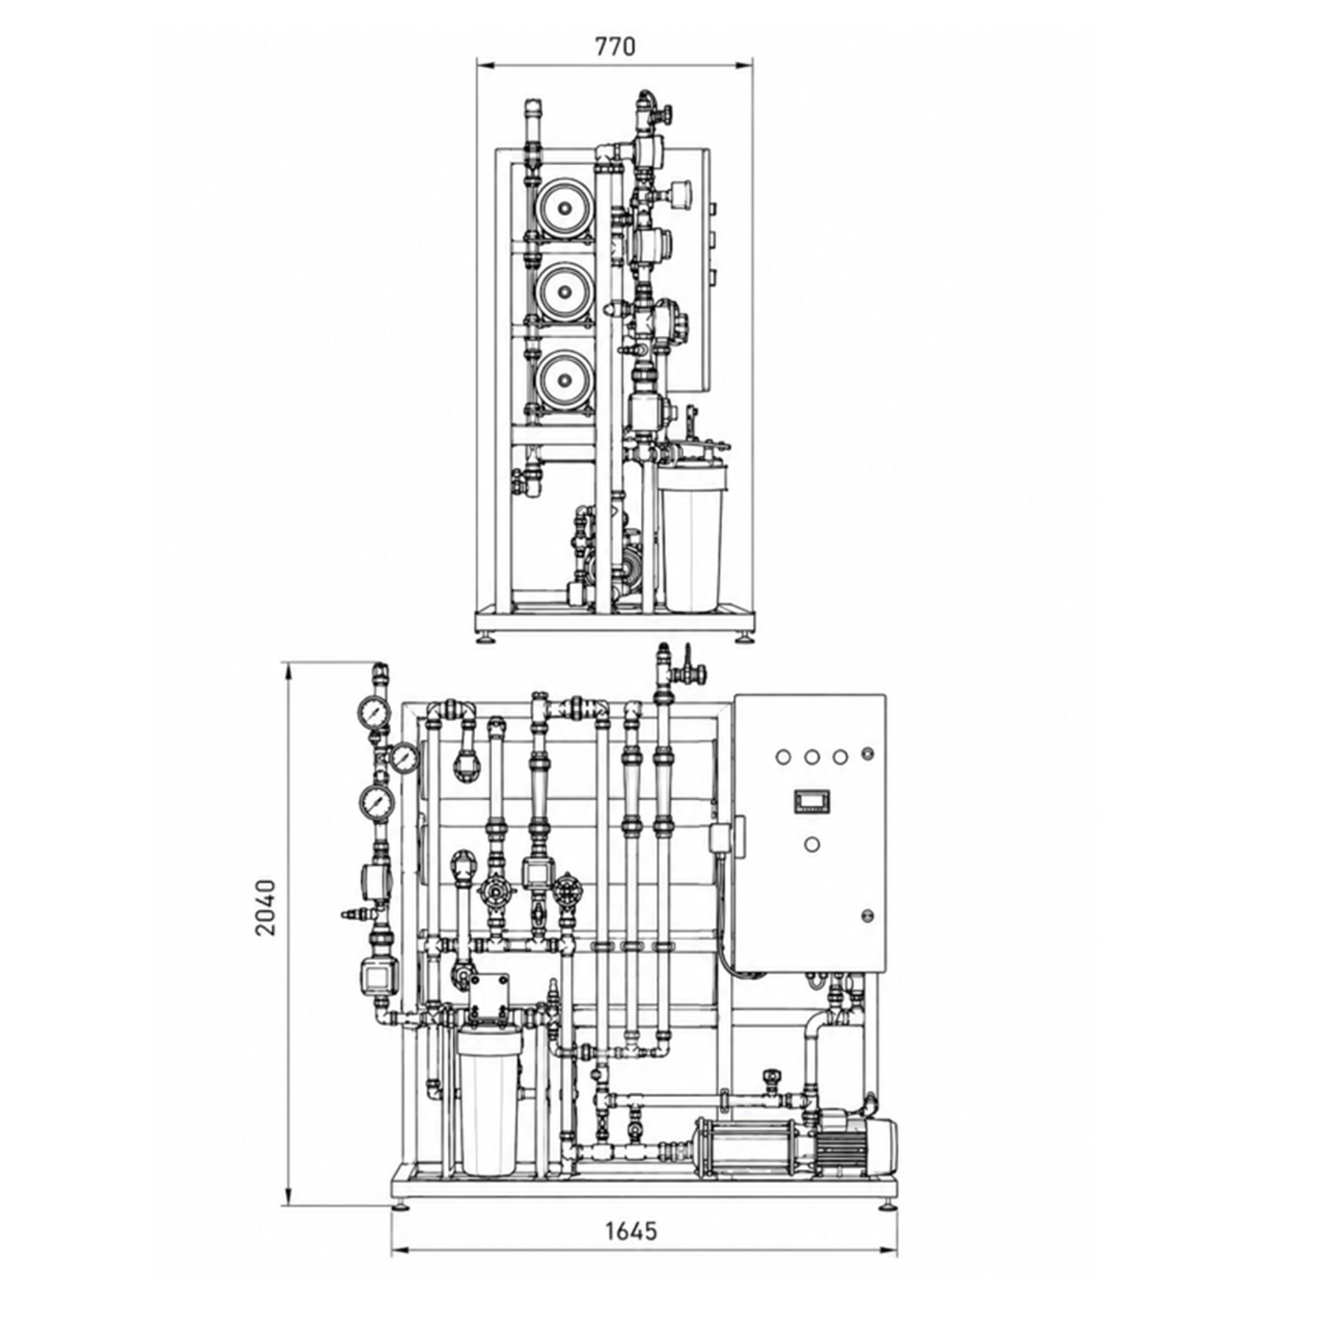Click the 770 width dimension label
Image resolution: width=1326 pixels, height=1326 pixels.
[614, 46]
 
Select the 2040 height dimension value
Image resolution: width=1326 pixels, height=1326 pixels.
[265, 908]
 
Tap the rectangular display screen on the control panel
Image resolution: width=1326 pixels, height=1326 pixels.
[811, 801]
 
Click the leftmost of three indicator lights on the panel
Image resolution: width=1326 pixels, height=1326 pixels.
[783, 757]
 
